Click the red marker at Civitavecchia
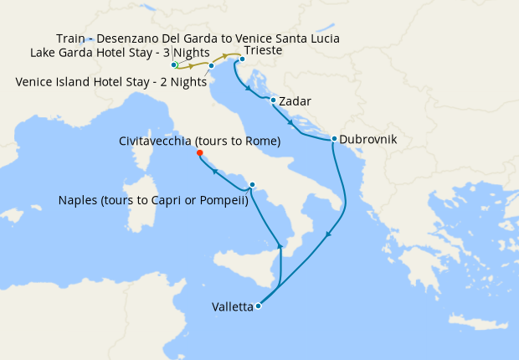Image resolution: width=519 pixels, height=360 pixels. (x=199, y=153)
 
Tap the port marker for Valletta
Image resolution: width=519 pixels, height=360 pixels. (x=258, y=306)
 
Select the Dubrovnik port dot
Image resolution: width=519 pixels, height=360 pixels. (x=334, y=139)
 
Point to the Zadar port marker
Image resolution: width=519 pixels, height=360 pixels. (x=273, y=100)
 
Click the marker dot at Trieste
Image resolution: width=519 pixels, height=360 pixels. (x=241, y=59)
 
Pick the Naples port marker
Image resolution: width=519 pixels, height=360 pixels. (x=252, y=185)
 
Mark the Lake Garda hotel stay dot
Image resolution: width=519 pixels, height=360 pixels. (x=173, y=64)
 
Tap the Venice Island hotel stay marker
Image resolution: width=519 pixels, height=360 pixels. (x=211, y=65)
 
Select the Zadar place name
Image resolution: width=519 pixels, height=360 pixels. (x=295, y=101)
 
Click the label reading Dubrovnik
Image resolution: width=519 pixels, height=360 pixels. (x=373, y=140)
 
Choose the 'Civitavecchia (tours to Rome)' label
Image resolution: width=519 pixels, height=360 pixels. (x=199, y=141)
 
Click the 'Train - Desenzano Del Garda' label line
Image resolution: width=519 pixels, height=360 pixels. (x=198, y=39)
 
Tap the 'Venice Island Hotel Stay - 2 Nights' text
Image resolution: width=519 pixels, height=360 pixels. (x=111, y=81)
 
